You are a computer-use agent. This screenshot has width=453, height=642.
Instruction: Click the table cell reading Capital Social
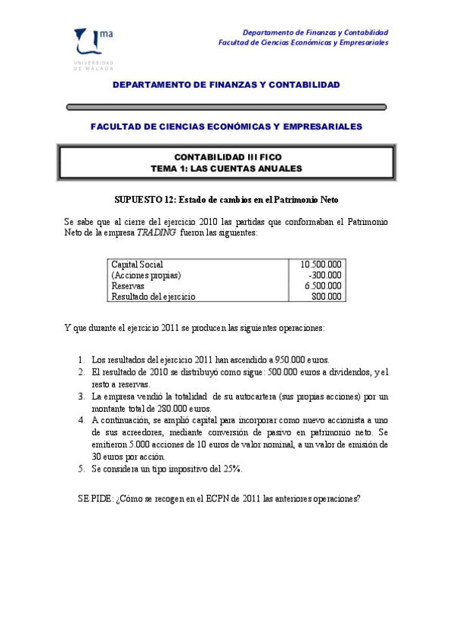pyautogui.click(x=137, y=264)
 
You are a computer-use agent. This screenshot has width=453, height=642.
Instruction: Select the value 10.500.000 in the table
pyautogui.click(x=321, y=264)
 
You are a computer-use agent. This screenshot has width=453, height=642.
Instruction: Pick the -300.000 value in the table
pyautogui.click(x=325, y=275)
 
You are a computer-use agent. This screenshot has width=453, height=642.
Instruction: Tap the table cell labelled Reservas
pyautogui.click(x=127, y=285)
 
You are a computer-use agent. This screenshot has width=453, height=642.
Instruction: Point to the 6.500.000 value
pyautogui.click(x=323, y=285)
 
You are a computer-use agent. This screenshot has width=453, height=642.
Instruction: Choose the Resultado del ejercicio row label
pyautogui.click(x=154, y=296)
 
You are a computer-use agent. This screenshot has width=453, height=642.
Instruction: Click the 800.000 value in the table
pyautogui.click(x=327, y=296)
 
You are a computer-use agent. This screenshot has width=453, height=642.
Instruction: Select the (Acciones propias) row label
pyautogui.click(x=147, y=275)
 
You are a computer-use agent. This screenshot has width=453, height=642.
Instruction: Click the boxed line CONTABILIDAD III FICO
pyautogui.click(x=227, y=156)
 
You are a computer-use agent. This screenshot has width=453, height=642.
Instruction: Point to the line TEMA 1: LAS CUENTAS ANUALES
pyautogui.click(x=227, y=167)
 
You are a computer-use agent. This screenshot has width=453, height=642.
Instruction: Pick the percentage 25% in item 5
pyautogui.click(x=232, y=469)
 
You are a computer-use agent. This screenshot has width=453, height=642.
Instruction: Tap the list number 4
pyautogui.click(x=81, y=421)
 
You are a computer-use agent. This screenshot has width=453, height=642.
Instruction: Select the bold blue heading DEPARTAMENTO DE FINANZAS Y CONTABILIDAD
pyautogui.click(x=227, y=85)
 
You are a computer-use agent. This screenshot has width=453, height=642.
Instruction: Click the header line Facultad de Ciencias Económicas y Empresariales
pyautogui.click(x=303, y=43)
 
